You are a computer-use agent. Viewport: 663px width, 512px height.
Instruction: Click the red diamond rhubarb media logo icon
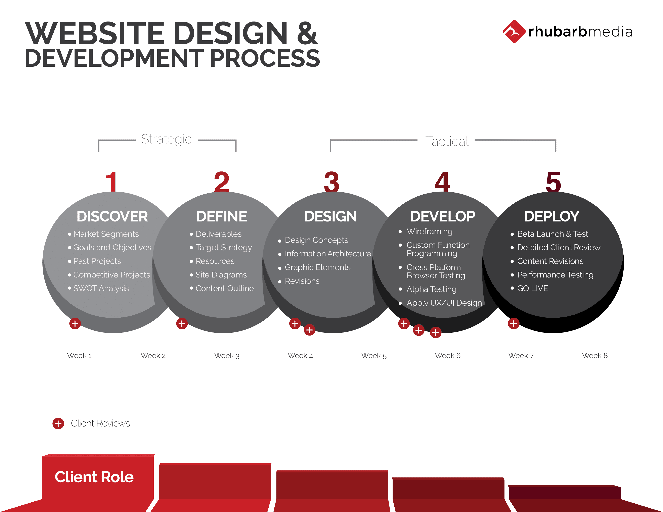514,32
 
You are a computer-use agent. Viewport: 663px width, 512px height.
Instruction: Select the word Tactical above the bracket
447,141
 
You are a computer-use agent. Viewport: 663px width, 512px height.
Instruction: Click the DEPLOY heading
551,216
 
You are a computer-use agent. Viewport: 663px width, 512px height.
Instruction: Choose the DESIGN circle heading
330,216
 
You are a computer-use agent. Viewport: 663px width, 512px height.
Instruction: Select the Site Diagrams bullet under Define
221,275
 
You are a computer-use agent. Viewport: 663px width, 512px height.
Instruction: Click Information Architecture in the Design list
328,254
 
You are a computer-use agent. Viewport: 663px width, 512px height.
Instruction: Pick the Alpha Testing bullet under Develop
431,289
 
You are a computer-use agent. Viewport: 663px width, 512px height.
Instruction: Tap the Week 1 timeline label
79,355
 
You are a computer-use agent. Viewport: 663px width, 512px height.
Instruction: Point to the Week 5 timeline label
374,355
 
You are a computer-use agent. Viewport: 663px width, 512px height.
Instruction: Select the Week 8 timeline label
595,355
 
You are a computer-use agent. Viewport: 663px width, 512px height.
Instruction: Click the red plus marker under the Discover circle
75,324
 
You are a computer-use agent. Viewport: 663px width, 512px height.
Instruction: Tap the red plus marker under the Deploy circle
514,324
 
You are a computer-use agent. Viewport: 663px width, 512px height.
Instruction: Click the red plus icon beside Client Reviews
58,423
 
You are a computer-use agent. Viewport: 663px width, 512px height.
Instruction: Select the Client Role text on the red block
94,477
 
